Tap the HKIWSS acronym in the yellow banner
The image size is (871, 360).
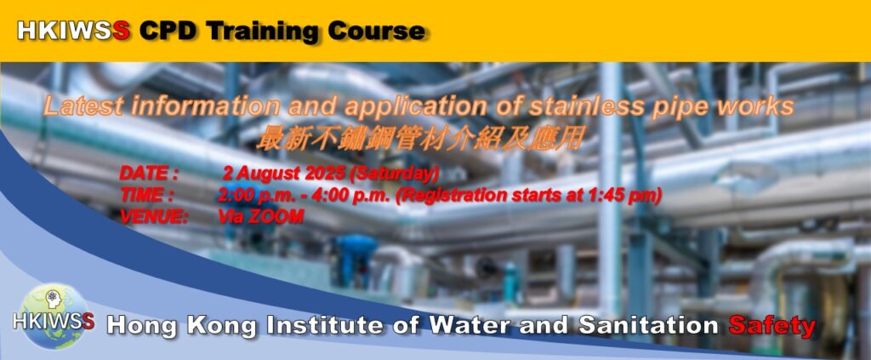pos(74,31)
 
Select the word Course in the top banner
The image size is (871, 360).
pos(376,31)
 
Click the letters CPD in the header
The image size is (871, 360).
pos(169,31)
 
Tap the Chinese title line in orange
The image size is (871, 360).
pos(419,139)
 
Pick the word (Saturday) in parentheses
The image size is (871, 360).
pos(394,174)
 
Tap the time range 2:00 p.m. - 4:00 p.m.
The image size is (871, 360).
pos(305,196)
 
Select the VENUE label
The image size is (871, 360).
pos(154,217)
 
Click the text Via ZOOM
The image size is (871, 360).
pos(260,217)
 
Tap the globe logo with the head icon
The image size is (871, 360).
pos(54,316)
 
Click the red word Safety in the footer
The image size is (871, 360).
pos(772,326)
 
